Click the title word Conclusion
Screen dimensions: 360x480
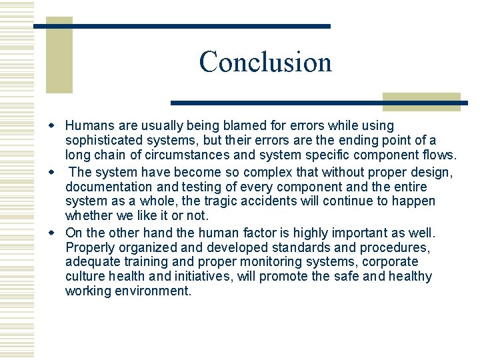tap(265, 62)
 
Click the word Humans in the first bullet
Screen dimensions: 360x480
tap(89, 125)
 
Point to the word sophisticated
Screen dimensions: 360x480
tap(103, 140)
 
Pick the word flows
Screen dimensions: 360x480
tap(439, 155)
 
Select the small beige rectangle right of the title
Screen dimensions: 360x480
tap(421, 101)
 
